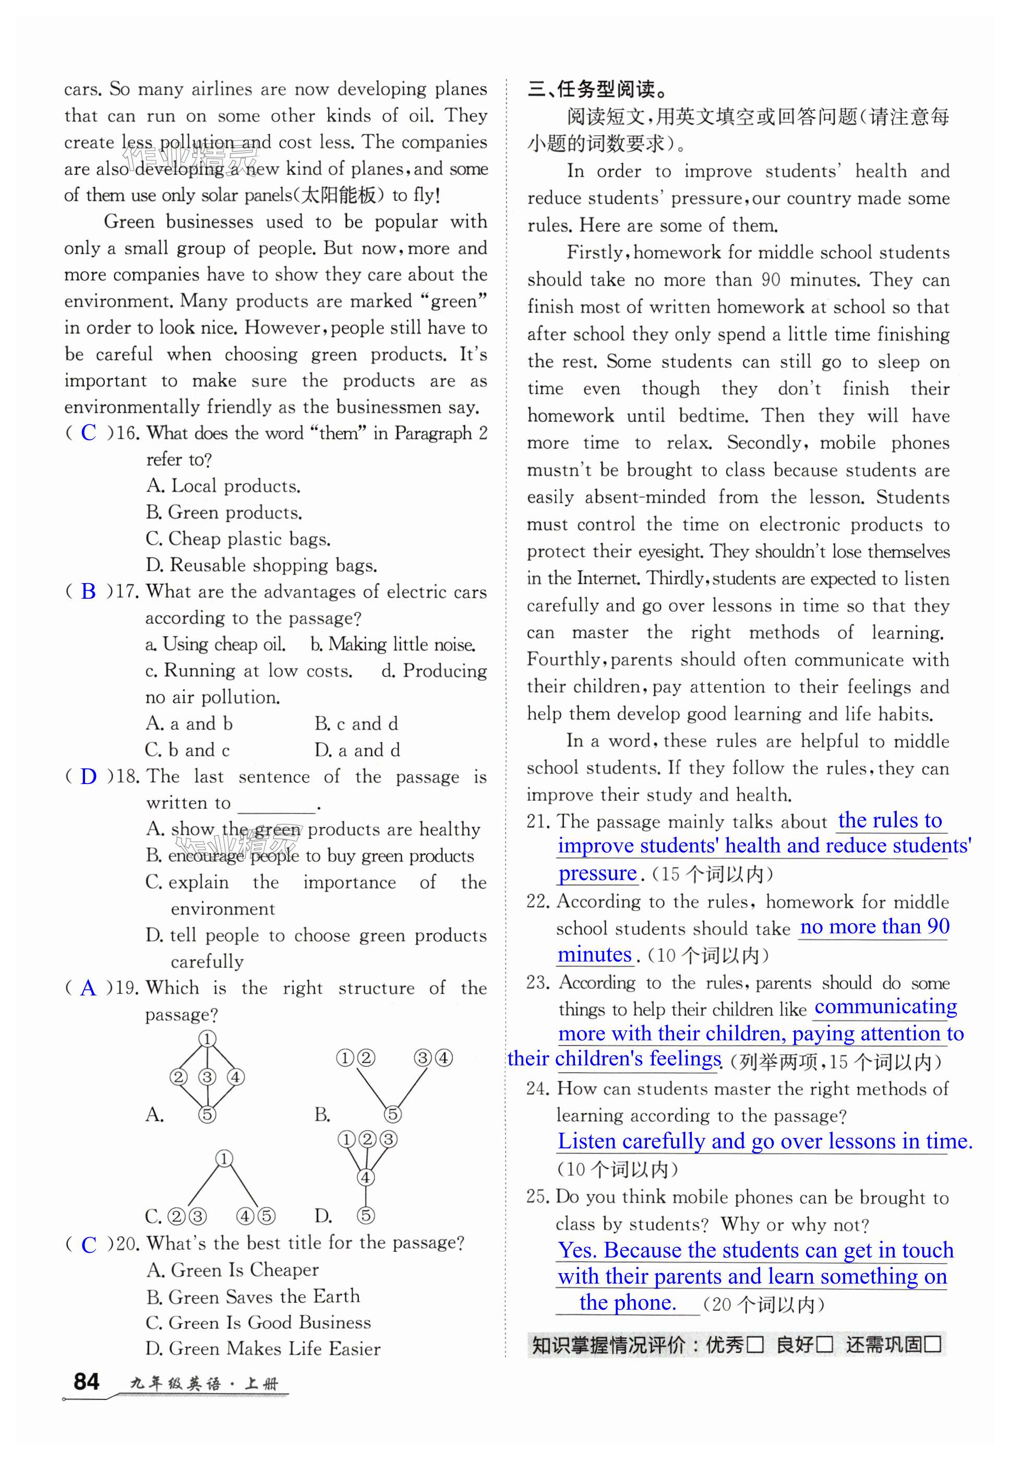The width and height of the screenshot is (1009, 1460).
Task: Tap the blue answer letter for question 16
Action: (89, 433)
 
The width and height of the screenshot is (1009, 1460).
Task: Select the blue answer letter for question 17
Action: (89, 591)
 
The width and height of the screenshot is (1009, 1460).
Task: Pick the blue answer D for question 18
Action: (89, 776)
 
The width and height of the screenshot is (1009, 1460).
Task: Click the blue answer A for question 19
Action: (89, 988)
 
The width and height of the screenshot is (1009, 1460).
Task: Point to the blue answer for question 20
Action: (89, 1244)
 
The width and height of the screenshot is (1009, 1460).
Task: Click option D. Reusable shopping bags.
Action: (261, 565)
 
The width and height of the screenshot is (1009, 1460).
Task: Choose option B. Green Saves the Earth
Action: (253, 1296)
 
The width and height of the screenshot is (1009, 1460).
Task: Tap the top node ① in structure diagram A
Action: (207, 1039)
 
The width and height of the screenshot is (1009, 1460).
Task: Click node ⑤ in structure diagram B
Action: (393, 1114)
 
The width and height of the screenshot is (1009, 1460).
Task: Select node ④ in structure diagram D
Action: (365, 1177)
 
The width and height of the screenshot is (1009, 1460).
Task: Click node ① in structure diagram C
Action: (224, 1159)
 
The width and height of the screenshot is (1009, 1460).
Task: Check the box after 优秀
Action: (755, 1344)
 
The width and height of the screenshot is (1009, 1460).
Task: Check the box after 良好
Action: (824, 1344)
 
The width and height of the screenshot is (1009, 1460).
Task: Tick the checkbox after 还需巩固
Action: (933, 1344)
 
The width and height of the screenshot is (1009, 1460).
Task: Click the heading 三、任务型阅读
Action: (597, 89)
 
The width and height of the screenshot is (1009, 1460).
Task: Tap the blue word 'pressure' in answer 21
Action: (597, 874)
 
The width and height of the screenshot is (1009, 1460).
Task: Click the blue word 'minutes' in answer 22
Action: (594, 955)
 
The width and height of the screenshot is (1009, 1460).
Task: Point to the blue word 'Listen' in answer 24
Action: (587, 1141)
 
